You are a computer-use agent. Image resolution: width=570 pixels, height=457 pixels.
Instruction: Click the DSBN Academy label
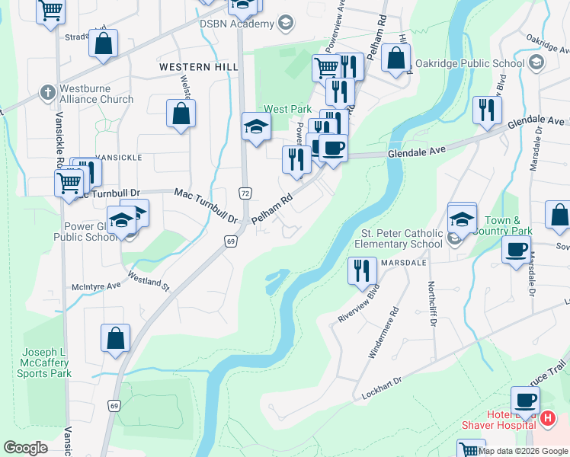coord(236,24)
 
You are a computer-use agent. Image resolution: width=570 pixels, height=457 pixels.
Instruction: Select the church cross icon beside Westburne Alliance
coord(46,91)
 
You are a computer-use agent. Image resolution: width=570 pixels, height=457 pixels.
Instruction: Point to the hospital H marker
coord(546,417)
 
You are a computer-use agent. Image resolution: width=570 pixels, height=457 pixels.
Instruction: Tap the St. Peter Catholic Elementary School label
coord(399,238)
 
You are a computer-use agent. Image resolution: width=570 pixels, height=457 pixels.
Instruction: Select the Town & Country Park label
coord(507,225)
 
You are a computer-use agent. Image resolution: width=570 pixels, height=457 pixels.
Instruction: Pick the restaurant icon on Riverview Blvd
coord(362,270)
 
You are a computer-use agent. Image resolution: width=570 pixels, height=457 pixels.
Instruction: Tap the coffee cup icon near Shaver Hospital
coord(524,400)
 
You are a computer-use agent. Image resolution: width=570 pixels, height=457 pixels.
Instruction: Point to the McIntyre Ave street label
coord(96,286)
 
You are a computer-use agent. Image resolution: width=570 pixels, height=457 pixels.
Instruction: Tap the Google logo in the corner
coord(25,448)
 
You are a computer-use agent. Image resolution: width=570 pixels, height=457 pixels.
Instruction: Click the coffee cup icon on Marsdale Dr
coord(516,249)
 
